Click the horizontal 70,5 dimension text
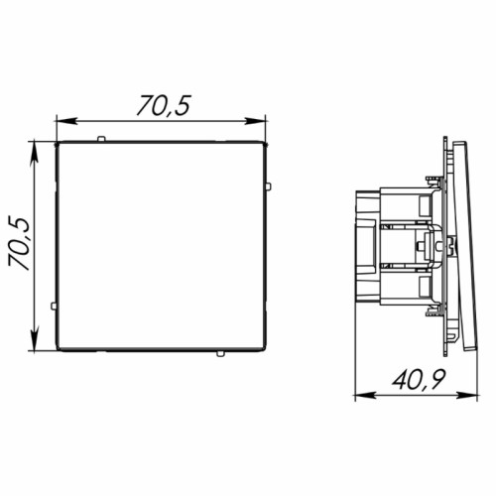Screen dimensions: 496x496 pos(164,105)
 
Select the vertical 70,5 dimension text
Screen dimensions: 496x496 pos(19,244)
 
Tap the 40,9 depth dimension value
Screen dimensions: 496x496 pos(419,379)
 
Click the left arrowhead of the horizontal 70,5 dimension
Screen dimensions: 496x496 pos(66,121)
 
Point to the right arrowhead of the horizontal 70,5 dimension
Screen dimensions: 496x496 pos(255,121)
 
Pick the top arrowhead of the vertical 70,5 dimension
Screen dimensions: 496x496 pos(34,152)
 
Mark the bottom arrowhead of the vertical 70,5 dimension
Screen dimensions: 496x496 pos(34,340)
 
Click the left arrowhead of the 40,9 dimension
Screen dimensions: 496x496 pos(365,395)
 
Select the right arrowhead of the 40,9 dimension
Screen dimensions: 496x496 pos(468,395)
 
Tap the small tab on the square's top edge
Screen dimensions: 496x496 pos(101,139)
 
